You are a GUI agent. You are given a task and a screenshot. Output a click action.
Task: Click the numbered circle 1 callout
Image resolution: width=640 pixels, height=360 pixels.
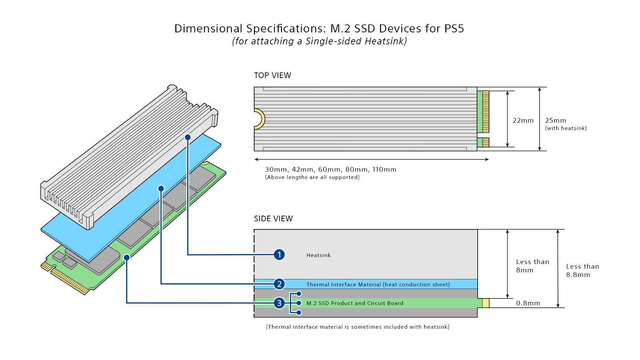coord(279,254)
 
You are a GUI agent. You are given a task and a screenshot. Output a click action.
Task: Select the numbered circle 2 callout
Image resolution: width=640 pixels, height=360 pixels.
coord(279,284)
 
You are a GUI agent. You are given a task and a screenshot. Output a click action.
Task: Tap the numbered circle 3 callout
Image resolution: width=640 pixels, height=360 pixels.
coord(279,303)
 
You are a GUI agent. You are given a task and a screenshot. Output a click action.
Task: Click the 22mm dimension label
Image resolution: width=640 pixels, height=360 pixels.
coord(523,120)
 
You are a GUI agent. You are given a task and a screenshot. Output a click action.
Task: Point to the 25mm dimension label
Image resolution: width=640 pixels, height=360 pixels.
coord(556,120)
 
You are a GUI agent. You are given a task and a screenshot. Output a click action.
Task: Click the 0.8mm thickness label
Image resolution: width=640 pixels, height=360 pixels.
coord(528,303)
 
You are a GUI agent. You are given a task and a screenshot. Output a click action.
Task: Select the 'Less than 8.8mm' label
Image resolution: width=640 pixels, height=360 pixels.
coord(582,270)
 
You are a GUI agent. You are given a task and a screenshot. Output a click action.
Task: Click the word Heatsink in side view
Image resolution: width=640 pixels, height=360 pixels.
coord(318,255)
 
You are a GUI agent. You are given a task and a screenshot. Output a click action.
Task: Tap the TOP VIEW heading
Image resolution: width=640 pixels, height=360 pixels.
coord(272,75)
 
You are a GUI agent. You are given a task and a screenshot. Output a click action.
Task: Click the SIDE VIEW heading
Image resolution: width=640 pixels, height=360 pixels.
coord(273,218)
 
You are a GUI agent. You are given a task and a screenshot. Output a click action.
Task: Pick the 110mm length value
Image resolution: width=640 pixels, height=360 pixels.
coord(384,169)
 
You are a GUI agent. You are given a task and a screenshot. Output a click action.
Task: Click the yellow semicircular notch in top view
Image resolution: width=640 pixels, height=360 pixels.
coord(260,119)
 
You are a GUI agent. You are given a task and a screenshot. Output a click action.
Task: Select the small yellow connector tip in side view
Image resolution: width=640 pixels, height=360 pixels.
coord(486,303)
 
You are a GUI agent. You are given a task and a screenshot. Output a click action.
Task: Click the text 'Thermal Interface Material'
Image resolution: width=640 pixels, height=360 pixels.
coord(343,284)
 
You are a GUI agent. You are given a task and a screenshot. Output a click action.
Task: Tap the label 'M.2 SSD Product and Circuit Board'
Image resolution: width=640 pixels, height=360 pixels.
coord(355,303)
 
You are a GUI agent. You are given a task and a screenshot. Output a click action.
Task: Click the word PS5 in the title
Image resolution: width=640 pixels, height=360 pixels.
coord(454,28)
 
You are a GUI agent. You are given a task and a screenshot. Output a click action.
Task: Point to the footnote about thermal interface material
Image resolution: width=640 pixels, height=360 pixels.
coord(358,327)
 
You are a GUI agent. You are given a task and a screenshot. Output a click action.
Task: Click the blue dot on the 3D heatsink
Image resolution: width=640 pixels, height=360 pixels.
coord(188,137)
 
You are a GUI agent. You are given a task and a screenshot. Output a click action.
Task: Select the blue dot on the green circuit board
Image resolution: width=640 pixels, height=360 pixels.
coord(127,257)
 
